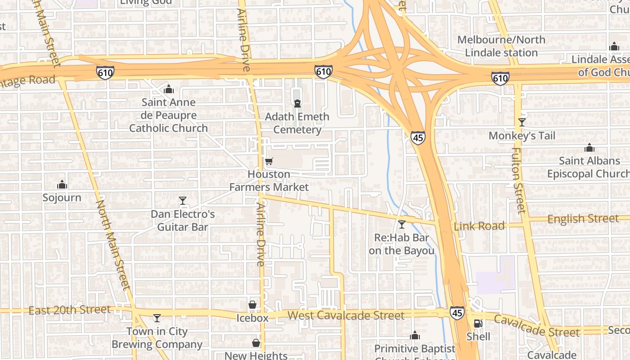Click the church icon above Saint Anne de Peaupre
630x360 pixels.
pos(169,89)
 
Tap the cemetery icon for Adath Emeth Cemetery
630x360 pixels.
pos(297,103)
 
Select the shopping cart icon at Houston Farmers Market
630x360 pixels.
pos(269,161)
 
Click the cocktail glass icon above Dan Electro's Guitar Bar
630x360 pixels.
pos(183,201)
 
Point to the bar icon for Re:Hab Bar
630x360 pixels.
pos(402,224)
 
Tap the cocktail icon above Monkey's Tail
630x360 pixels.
pos(522,122)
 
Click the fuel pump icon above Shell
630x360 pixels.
pos(478,323)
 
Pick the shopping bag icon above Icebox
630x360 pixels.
pos(252,305)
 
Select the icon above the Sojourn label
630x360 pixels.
pos(62,184)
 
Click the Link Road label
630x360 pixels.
pos(479,226)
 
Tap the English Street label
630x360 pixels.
pos(583,219)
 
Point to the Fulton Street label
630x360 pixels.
pos(518,180)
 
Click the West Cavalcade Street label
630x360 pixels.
pos(346,315)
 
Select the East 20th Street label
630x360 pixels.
pos(69,310)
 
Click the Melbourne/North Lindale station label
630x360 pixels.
pos(501,46)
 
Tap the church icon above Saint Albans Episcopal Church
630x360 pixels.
pos(589,148)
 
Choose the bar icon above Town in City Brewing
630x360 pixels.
pos(157,318)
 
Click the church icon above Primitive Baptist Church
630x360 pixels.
pos(415,336)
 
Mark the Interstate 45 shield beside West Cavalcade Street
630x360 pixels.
pos(457,313)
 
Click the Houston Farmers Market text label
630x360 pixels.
pos(269,180)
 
